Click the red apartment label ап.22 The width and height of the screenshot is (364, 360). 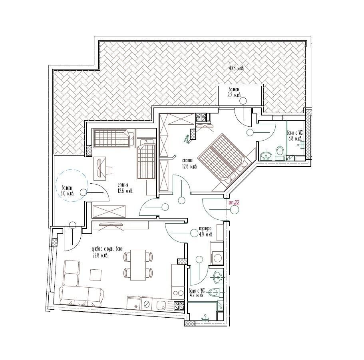(x=234, y=203)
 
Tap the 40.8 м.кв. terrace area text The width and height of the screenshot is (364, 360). (x=236, y=69)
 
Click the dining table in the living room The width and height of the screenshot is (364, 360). (x=138, y=264)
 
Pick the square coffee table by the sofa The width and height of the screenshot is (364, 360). (x=96, y=275)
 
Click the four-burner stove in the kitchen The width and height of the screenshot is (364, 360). (x=179, y=306)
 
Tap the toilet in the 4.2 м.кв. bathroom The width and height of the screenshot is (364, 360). (x=214, y=292)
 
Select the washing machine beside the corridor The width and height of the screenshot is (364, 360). (x=217, y=257)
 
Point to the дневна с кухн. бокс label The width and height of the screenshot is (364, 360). (x=107, y=251)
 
